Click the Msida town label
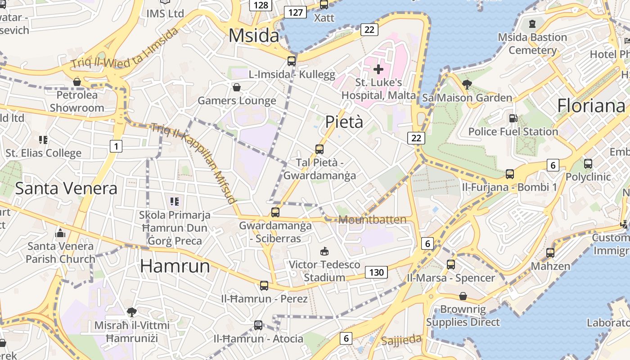(x=254, y=35)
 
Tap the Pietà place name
(x=344, y=121)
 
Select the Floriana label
(x=591, y=106)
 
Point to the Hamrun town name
(x=175, y=266)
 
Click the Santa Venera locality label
(x=66, y=188)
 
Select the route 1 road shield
(x=116, y=146)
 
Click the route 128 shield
(x=261, y=5)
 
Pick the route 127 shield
(x=295, y=12)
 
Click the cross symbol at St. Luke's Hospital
(x=378, y=69)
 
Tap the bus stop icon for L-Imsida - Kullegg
(x=292, y=61)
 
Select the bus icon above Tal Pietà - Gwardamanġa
(x=319, y=149)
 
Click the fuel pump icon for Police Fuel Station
(x=513, y=118)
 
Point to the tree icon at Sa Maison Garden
(x=467, y=84)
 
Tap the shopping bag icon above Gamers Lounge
(x=237, y=87)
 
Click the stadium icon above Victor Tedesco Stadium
(x=324, y=251)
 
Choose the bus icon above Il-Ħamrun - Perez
(x=264, y=285)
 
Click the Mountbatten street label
(x=372, y=220)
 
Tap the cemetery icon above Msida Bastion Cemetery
(x=532, y=24)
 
